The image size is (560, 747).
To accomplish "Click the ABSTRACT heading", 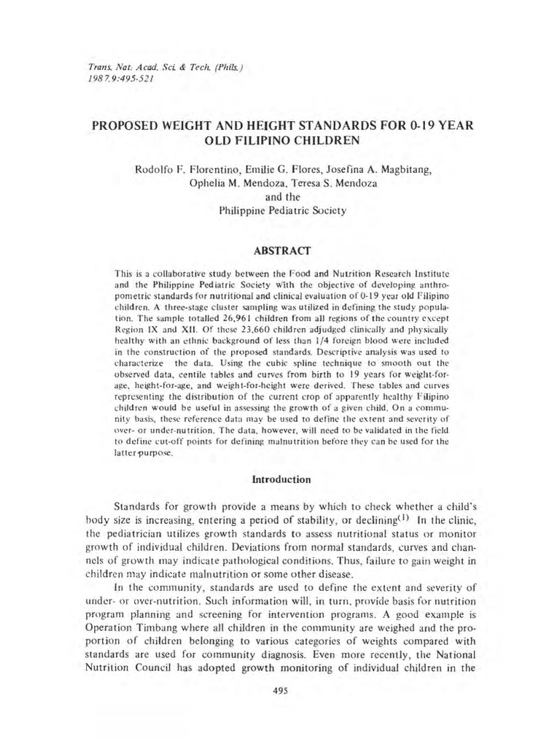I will tap(281, 250).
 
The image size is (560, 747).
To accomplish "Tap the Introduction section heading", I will tap(281, 480).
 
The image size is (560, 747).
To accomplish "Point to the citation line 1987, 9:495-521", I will tap(117, 77).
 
